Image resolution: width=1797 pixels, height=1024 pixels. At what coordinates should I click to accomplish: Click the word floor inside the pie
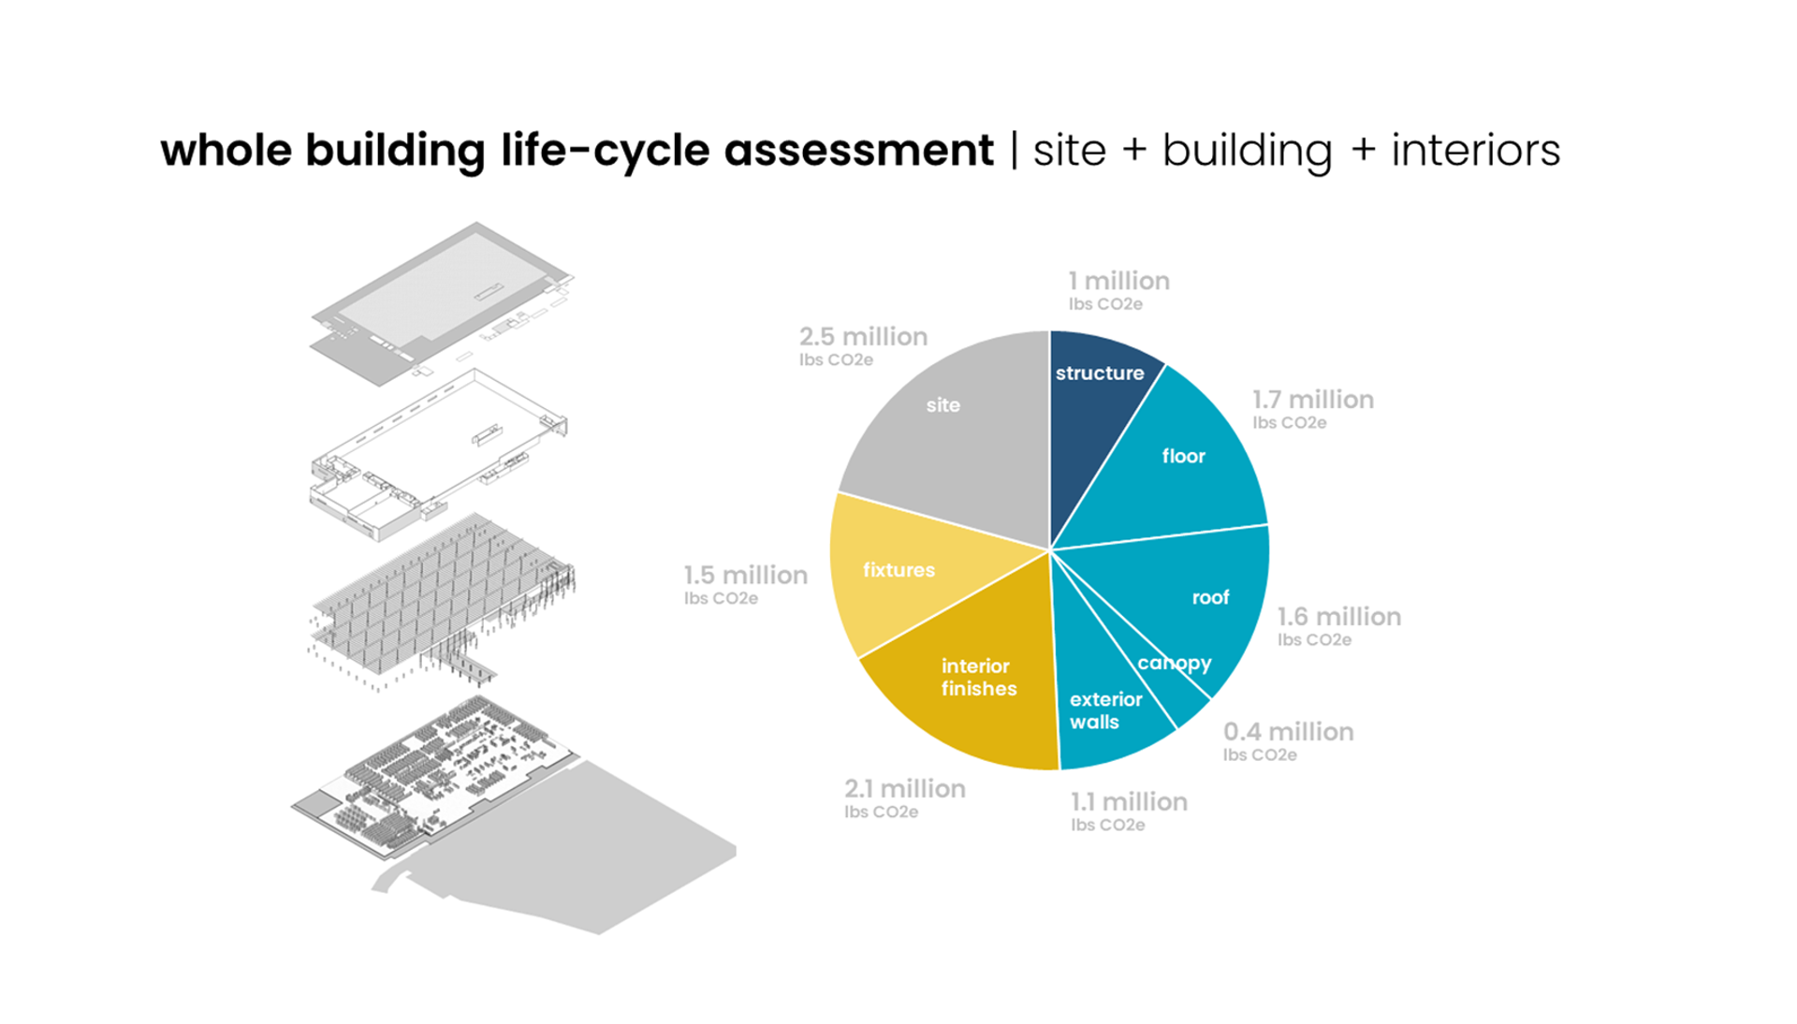pos(1183,456)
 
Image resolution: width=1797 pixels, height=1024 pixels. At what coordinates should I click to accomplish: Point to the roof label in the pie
pos(1210,597)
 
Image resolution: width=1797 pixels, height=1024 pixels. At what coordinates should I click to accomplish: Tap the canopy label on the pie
pos(1175,664)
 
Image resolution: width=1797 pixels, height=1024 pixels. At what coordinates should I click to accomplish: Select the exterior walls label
pos(1105,710)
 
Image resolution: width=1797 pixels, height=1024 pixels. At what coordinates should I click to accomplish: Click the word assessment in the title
pos(858,151)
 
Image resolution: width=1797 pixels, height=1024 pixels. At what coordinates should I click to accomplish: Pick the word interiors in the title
pos(1475,151)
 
